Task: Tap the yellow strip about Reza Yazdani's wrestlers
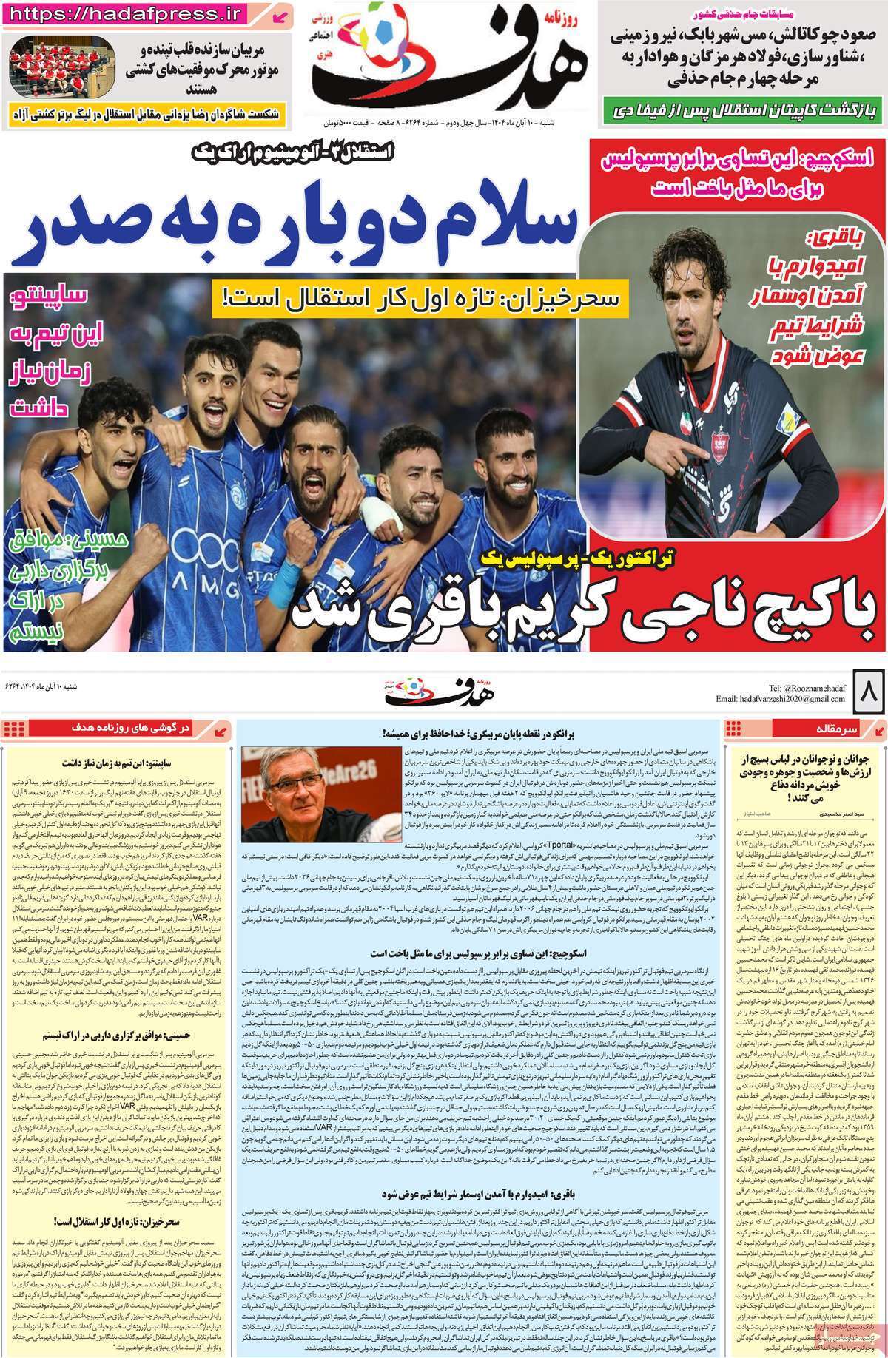pos(148,114)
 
